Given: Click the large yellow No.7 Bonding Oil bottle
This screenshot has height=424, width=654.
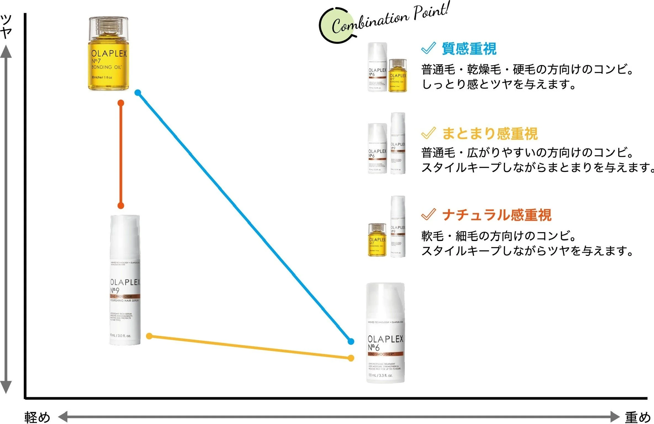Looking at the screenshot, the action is coord(108,55).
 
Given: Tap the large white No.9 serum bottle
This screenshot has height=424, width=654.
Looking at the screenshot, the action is coord(125,280).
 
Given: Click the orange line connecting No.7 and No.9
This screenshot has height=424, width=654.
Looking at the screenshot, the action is coord(121,155).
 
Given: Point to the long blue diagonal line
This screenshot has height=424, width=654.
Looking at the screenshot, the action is coord(244,217).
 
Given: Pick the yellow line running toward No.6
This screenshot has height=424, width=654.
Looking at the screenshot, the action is coord(250,347).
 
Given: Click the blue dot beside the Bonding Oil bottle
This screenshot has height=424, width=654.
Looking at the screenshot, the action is coord(138,93).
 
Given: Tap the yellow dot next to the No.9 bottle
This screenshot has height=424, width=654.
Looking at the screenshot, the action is coord(149,336).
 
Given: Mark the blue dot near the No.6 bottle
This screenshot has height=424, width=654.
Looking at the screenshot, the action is coord(351,341).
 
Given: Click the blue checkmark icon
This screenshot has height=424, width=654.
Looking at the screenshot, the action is coord(428,48).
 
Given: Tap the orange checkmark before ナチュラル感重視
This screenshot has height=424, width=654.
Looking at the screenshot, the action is coord(428,214).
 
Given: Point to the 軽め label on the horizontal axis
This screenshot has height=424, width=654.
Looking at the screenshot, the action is coord(37,417).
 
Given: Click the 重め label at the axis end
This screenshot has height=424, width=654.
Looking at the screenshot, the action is coord(637,417).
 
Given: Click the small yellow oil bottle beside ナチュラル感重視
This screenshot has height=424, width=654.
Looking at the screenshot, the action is coord(377,240).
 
